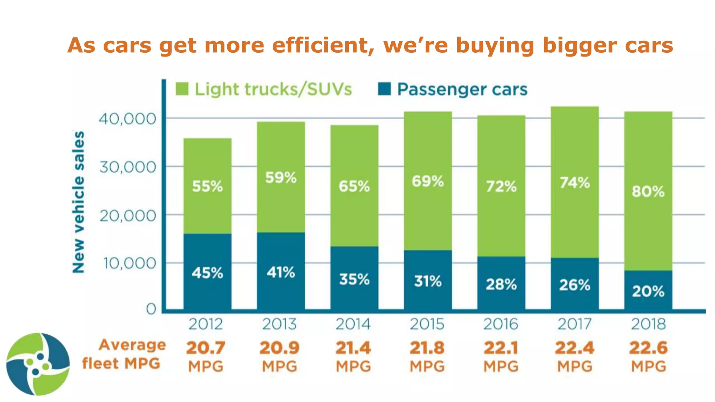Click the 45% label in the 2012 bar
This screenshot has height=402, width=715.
click(x=207, y=273)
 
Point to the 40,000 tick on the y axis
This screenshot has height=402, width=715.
click(x=127, y=119)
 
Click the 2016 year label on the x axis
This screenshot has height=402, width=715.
click(x=501, y=324)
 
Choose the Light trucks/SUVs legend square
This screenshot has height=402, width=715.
click(x=182, y=89)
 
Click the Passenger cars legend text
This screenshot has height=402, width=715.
click(x=462, y=89)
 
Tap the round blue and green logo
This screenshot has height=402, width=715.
click(x=38, y=364)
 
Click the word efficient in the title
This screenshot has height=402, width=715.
click(x=322, y=45)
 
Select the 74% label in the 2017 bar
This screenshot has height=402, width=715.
click(x=575, y=183)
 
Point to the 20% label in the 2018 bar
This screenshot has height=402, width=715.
click(x=648, y=291)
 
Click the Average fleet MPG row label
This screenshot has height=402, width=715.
click(x=124, y=354)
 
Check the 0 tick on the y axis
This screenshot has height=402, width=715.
click(x=151, y=309)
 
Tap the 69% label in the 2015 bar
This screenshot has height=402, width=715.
click(x=428, y=181)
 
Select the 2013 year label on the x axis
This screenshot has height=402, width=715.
click(x=279, y=324)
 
